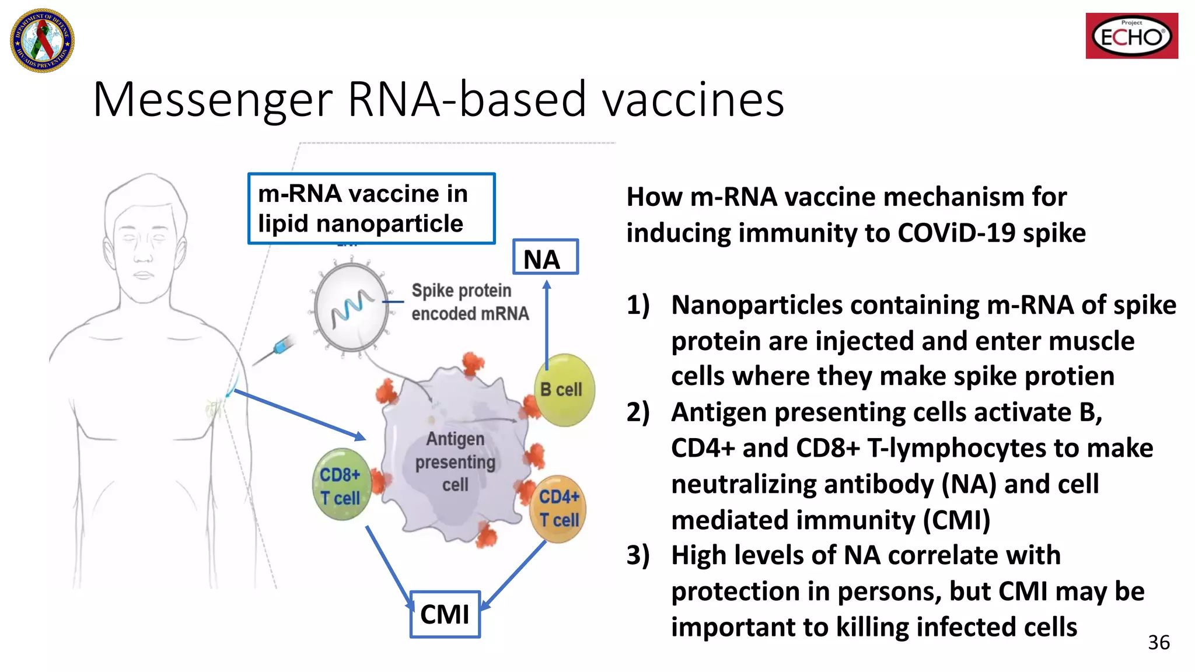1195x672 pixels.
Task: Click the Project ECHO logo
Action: [x=1131, y=36]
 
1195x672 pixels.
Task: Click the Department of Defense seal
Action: [x=42, y=40]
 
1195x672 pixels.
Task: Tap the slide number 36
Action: [x=1158, y=642]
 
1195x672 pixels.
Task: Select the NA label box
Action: [x=545, y=257]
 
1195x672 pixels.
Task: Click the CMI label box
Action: [x=445, y=614]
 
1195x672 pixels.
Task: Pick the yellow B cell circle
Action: [x=564, y=390]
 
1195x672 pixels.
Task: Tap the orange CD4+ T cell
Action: [x=558, y=509]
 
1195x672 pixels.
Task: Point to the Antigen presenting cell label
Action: [x=455, y=461]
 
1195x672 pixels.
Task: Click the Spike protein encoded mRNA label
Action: [x=470, y=302]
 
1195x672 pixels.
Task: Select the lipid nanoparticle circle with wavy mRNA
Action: [x=351, y=307]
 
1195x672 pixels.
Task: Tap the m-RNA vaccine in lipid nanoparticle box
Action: [x=371, y=208]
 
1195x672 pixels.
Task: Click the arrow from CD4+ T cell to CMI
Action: [x=513, y=575]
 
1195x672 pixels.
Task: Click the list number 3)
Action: [x=638, y=555]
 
